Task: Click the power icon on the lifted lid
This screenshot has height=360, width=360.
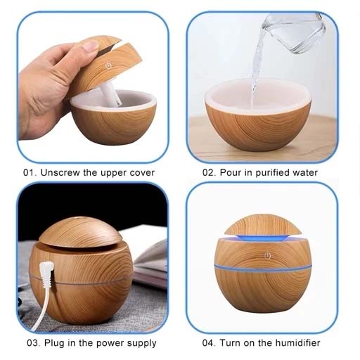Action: coord(108,66)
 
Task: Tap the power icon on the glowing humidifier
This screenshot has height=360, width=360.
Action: coord(267,256)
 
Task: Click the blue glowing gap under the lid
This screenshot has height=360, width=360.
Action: coord(263,237)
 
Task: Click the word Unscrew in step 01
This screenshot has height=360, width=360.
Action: coord(60,172)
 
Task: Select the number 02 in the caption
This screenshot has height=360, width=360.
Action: coord(208,173)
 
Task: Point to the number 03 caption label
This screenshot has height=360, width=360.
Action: coord(32,343)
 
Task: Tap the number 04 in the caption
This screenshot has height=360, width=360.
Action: coord(208,343)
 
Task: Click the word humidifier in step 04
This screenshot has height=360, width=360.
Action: coord(297,343)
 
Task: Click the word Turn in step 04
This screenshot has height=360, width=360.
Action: coord(230,343)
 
